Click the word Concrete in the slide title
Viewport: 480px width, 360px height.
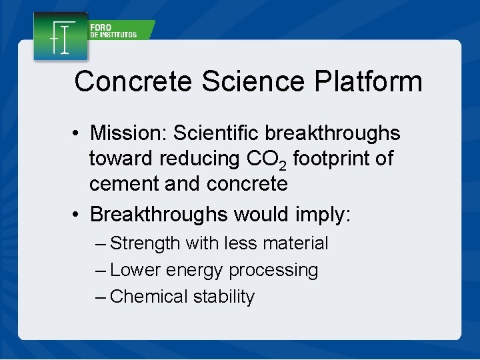click(134, 82)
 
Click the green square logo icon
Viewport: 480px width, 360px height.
click(61, 37)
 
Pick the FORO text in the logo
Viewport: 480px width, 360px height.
click(101, 28)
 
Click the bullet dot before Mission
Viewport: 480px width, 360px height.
click(78, 134)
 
